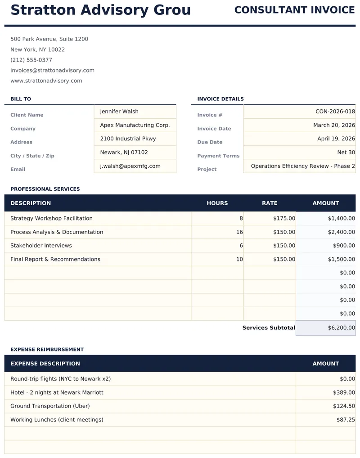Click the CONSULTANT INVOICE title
tap(294, 10)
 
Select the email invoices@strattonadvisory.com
tap(52, 70)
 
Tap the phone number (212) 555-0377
tap(31, 60)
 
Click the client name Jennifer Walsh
tap(119, 112)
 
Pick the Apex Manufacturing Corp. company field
tap(135, 125)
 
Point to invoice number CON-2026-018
tap(335, 112)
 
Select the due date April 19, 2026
tap(336, 139)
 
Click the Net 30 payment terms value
tap(346, 153)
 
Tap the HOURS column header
tap(217, 203)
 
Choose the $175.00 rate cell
tap(284, 218)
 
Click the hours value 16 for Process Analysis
tap(239, 232)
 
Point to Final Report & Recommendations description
tap(55, 259)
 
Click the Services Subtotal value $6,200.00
tap(341, 328)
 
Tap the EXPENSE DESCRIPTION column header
tap(45, 364)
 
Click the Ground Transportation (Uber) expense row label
tap(50, 406)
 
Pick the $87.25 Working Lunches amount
tap(345, 420)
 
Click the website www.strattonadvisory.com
tap(46, 81)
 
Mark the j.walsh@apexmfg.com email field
tap(130, 166)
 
